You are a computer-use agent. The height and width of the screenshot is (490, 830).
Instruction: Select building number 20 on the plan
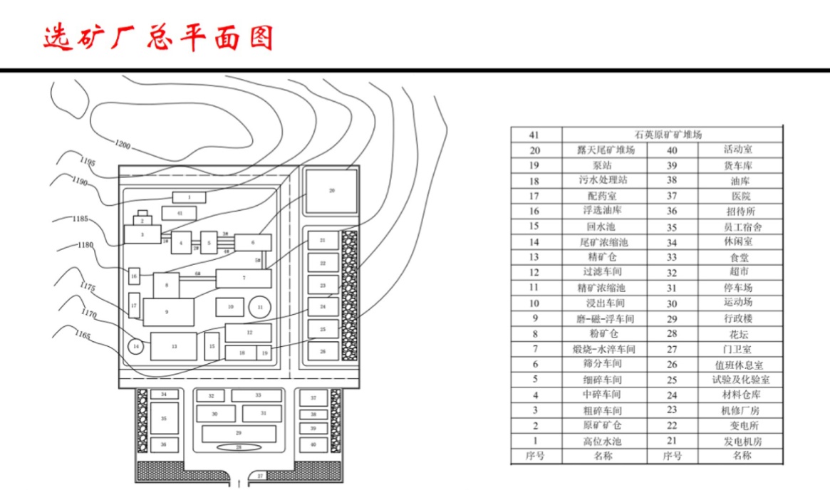[331, 191]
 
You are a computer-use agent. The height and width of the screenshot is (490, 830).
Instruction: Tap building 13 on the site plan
[174, 346]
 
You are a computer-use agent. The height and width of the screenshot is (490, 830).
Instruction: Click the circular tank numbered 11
[260, 307]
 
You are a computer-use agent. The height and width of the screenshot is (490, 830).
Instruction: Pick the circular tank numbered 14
[136, 347]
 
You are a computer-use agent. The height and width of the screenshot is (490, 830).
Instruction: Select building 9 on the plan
[168, 312]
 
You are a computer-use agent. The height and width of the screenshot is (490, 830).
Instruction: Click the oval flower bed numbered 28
[239, 447]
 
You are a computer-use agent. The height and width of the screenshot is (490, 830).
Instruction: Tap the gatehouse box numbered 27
[260, 475]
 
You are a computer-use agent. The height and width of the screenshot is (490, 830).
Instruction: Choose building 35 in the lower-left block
[164, 419]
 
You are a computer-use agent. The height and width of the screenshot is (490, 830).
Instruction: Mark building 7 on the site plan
[244, 278]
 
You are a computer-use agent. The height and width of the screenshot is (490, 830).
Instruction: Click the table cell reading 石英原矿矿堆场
[668, 134]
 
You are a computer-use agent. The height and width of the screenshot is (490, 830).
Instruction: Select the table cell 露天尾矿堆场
[606, 150]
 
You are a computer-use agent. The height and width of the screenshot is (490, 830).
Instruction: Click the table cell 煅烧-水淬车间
[604, 349]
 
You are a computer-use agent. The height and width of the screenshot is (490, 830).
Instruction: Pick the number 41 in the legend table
[535, 134]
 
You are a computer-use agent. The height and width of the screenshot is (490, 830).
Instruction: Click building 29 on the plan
[239, 433]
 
